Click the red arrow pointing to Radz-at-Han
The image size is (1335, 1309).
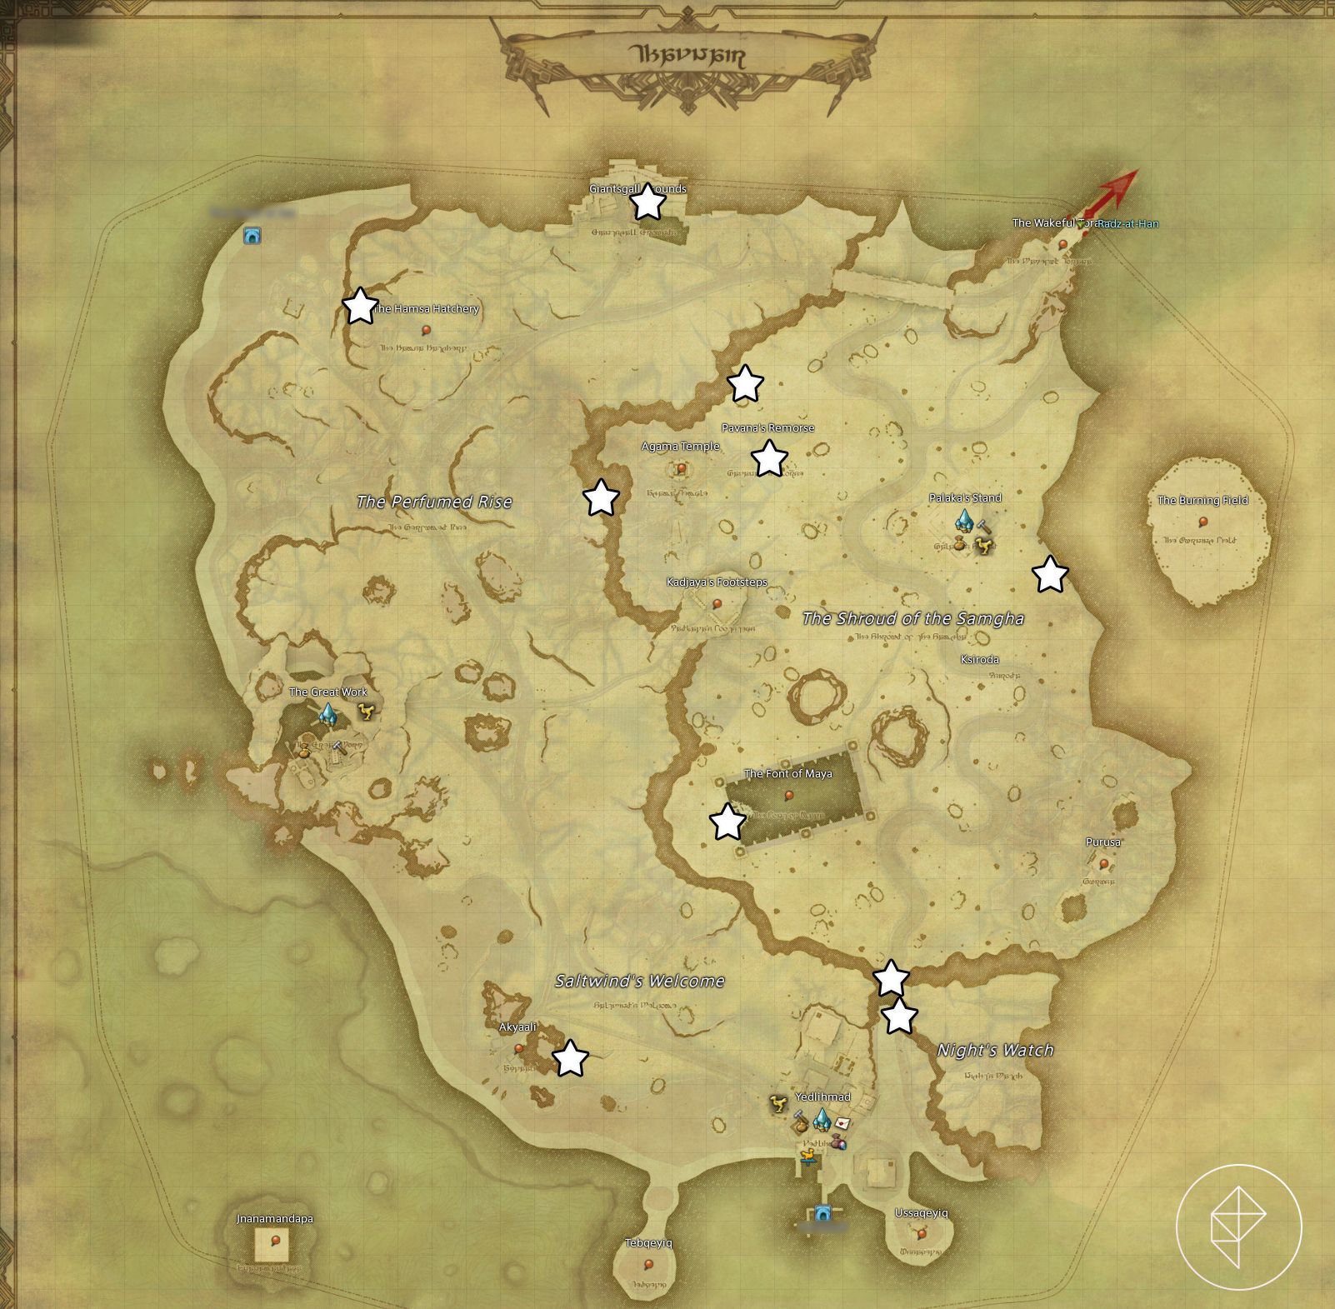pyautogui.click(x=1113, y=193)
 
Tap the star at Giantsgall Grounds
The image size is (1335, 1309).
pyautogui.click(x=647, y=202)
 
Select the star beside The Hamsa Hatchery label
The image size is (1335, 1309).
pyautogui.click(x=360, y=306)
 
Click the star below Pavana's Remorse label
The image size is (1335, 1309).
pyautogui.click(x=769, y=457)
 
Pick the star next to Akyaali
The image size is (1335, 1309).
pyautogui.click(x=571, y=1058)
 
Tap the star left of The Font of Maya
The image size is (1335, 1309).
pyautogui.click(x=727, y=822)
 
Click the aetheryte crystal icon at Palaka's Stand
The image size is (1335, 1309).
pyautogui.click(x=964, y=521)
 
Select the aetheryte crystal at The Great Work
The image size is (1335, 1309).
pyautogui.click(x=327, y=714)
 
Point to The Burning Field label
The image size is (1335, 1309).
pyautogui.click(x=1202, y=500)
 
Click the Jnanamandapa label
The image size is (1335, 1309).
pyautogui.click(x=275, y=1218)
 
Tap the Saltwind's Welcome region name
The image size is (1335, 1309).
pyautogui.click(x=640, y=981)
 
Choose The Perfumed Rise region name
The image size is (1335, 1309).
pyautogui.click(x=434, y=502)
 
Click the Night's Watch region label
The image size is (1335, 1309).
pyautogui.click(x=995, y=1050)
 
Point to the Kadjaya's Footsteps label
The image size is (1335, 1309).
pyautogui.click(x=717, y=582)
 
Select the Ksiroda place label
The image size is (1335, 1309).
pyautogui.click(x=979, y=659)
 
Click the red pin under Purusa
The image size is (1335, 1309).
pyautogui.click(x=1103, y=864)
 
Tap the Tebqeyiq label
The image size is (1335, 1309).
pyautogui.click(x=648, y=1243)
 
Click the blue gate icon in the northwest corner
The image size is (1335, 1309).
pyautogui.click(x=252, y=236)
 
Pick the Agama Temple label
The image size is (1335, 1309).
pyautogui.click(x=680, y=446)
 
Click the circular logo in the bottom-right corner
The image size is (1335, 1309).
pyautogui.click(x=1238, y=1226)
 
